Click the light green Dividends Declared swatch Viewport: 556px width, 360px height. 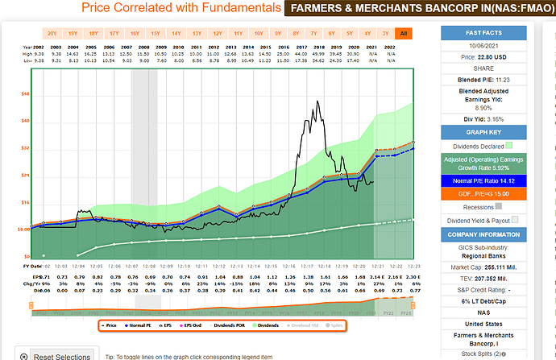point(509,146)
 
